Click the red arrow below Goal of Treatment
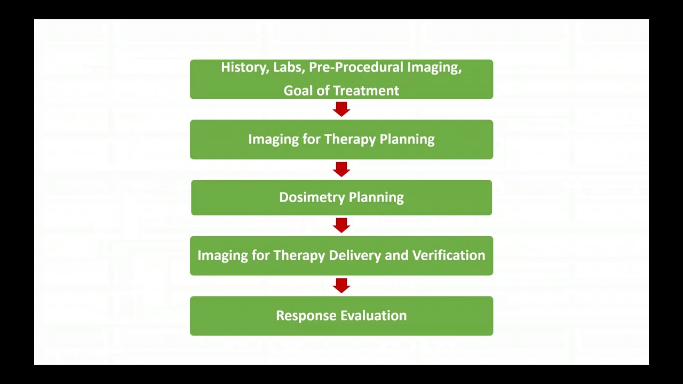341,109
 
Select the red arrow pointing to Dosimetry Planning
341,170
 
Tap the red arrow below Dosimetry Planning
341,225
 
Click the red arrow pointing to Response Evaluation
341,285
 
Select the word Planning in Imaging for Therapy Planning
407,140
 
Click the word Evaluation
374,316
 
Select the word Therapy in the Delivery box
299,255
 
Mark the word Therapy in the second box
350,140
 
